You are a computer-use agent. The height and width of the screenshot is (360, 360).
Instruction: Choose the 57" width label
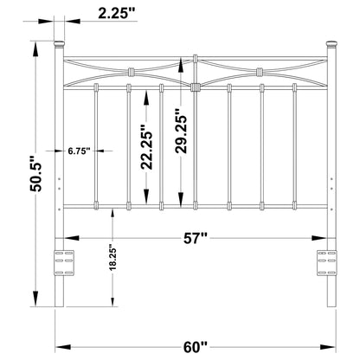pos(196,236)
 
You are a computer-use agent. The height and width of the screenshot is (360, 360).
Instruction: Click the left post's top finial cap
pos(61,42)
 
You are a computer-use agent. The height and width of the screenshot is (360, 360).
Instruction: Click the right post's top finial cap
pos(330,42)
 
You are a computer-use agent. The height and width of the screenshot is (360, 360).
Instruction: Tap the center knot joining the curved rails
pos(196,86)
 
